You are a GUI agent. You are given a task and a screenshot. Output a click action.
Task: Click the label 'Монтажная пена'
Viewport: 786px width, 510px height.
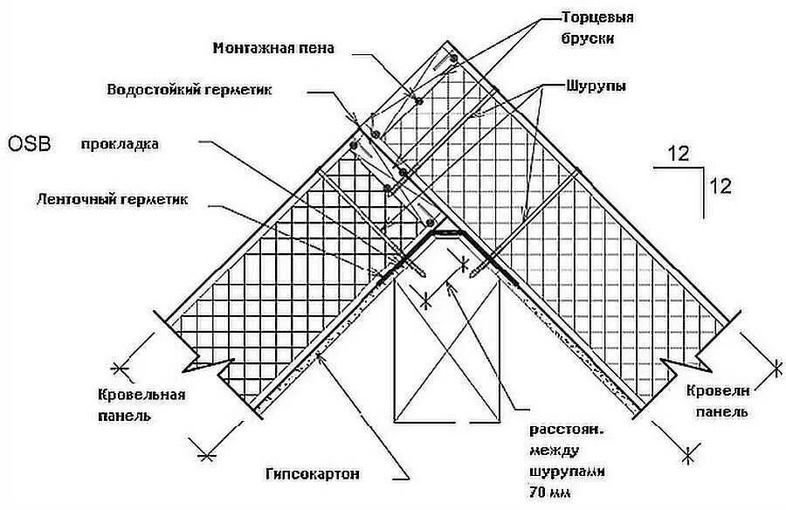(272, 48)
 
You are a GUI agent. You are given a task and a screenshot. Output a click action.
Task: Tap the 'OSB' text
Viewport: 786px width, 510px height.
(29, 143)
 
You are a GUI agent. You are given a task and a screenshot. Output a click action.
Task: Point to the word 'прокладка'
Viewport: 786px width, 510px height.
(120, 144)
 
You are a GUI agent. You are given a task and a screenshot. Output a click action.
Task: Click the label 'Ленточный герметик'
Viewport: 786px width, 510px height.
(124, 199)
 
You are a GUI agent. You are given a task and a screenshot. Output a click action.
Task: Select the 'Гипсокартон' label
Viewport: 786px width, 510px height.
(312, 474)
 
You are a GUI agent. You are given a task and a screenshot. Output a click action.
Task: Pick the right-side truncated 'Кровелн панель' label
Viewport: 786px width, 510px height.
(716, 399)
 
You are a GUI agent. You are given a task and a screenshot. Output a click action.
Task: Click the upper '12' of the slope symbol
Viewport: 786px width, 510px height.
(679, 155)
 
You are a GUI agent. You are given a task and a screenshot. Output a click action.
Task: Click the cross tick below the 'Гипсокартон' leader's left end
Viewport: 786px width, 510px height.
(207, 455)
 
